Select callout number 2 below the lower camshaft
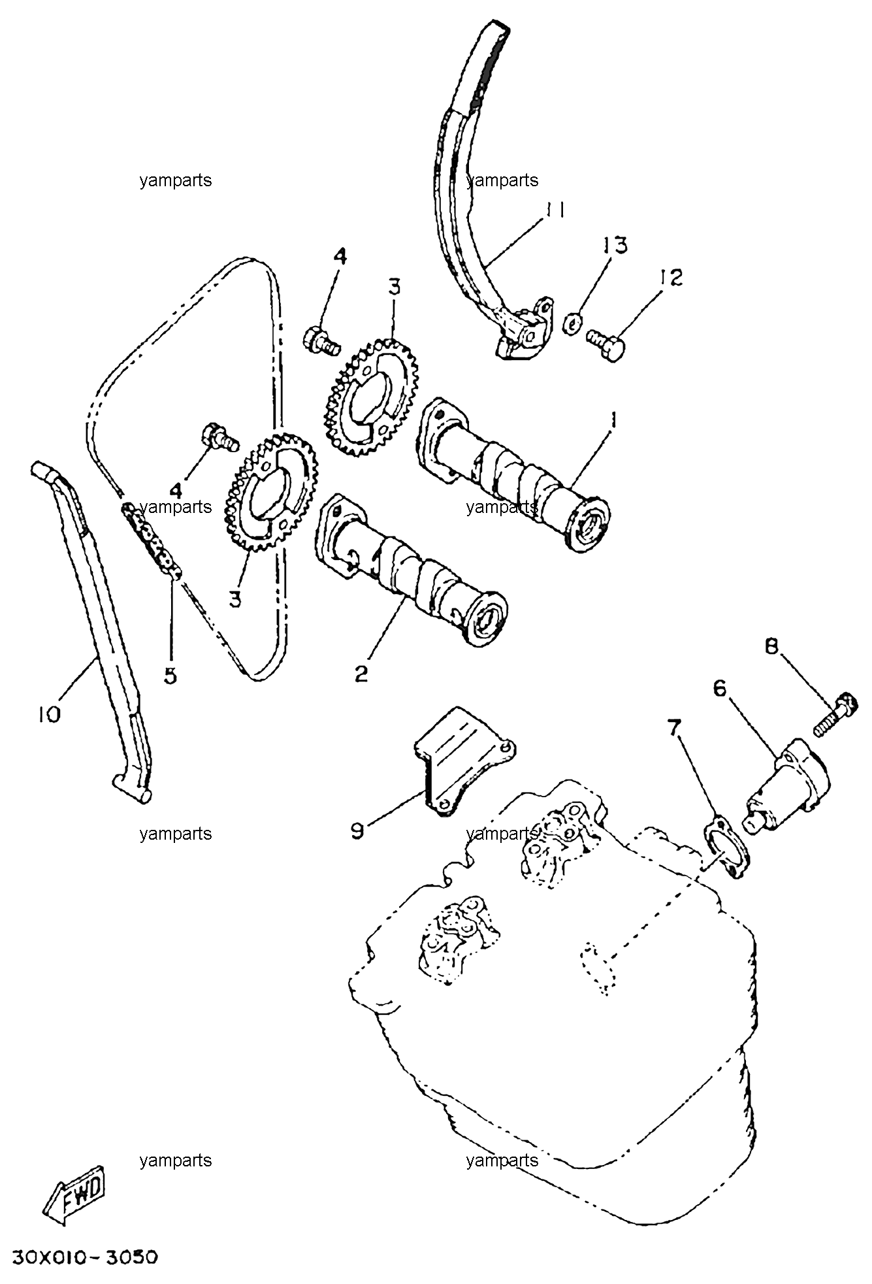coord(361,673)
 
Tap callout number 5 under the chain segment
coord(170,675)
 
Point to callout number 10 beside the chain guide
coord(50,714)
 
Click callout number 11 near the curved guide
coord(555,210)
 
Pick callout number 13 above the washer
coord(615,246)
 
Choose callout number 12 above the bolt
coord(671,277)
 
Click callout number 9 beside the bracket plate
coord(357,831)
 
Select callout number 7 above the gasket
coord(675,726)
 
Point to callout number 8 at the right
coord(772,646)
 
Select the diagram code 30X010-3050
coord(84,1257)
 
